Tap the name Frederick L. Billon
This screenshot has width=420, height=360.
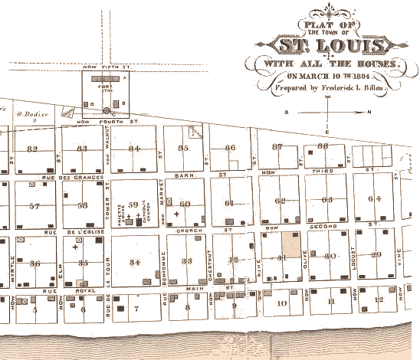click(351, 88)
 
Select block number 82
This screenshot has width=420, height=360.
click(31, 148)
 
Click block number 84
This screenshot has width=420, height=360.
click(135, 148)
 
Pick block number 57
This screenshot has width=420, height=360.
click(34, 207)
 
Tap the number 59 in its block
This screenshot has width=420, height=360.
click(133, 205)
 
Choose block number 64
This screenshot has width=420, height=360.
click(374, 199)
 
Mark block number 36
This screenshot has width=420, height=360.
click(34, 263)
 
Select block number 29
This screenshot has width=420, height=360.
click(376, 255)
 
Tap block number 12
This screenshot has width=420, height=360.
click(380, 301)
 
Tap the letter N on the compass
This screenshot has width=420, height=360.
click(368, 112)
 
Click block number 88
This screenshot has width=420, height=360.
click(323, 145)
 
